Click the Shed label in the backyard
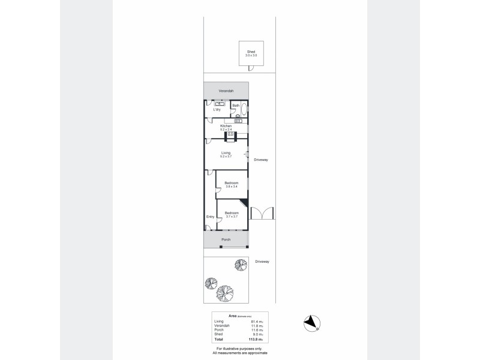[x=251, y=52]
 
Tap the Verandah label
[x=226, y=91]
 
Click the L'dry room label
[x=217, y=110]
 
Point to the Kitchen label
[x=226, y=126]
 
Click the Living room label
[x=226, y=153]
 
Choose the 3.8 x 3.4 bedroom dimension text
[x=232, y=187]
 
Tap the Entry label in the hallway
[x=210, y=217]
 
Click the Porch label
[x=226, y=239]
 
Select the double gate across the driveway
[x=262, y=214]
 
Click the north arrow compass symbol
[x=311, y=322]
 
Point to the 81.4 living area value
[x=256, y=322]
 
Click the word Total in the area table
[x=218, y=340]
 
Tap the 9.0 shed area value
[x=257, y=335]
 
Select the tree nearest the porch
[x=241, y=264]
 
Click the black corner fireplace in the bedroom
[x=243, y=203]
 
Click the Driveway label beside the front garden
[x=262, y=262]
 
